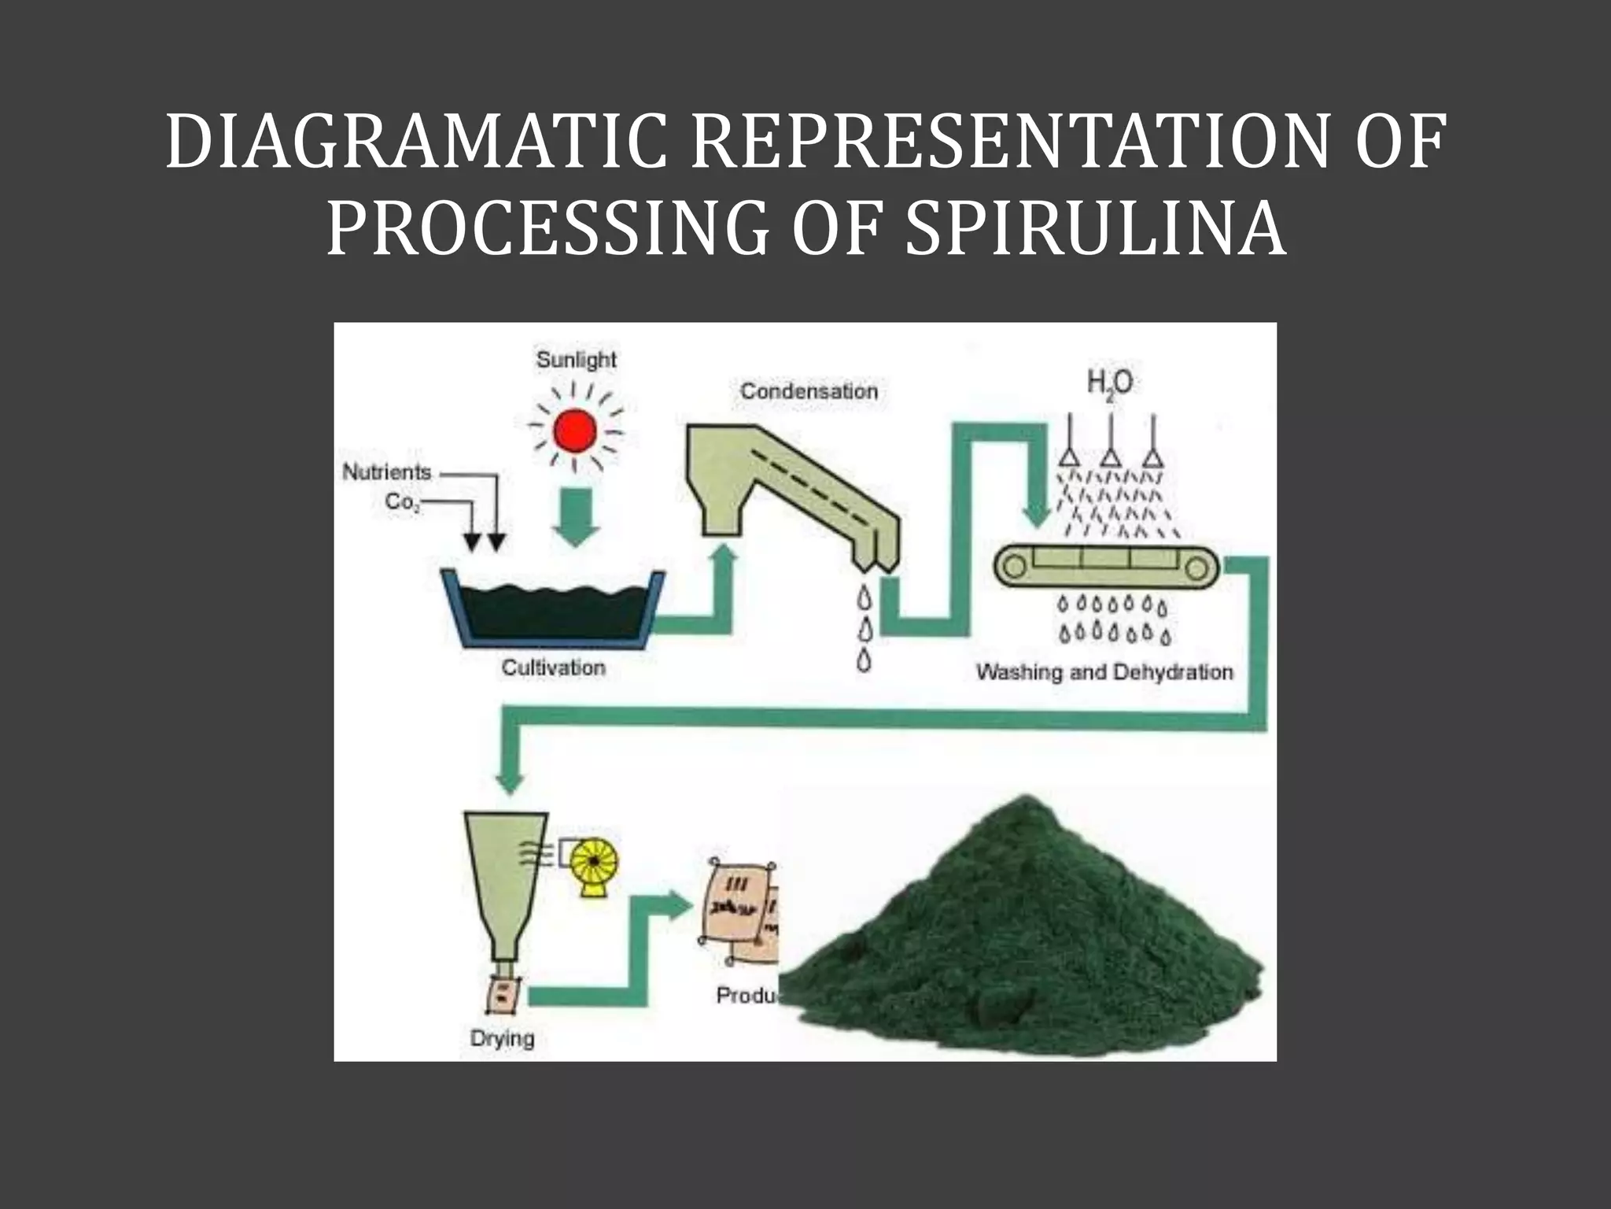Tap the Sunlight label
576,360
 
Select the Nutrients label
387,472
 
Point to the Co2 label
402,502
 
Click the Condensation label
809,391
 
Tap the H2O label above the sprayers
1110,383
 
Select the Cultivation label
554,667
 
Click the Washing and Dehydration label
1104,672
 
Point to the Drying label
502,1038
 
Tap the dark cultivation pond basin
554,610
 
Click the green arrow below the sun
576,516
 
